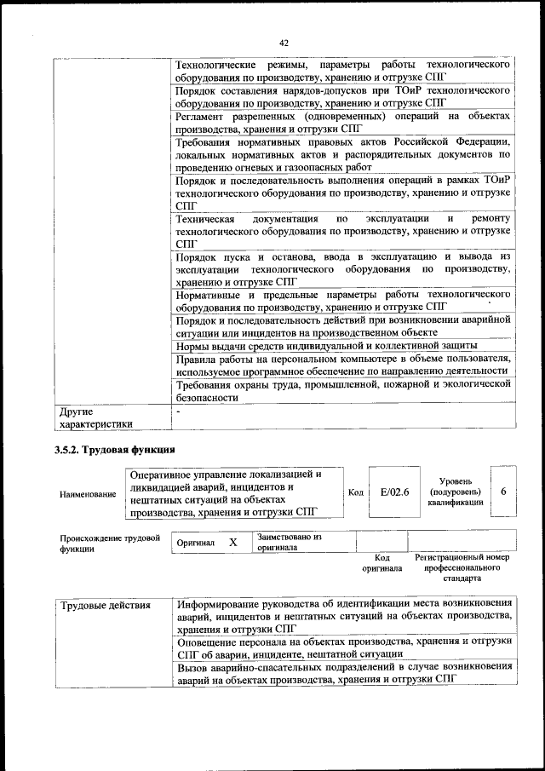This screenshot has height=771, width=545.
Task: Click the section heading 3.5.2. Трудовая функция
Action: tap(114, 449)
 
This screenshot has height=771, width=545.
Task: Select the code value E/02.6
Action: tap(394, 492)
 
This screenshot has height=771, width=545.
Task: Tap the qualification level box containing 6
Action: tap(503, 492)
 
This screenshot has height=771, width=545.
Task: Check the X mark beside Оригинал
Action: tap(232, 542)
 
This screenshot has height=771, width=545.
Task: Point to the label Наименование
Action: tap(88, 493)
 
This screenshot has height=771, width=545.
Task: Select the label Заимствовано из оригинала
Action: tap(289, 543)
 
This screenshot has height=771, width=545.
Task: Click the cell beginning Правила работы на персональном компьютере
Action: tap(342, 365)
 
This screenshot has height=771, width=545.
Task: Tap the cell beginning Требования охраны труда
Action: tap(342, 391)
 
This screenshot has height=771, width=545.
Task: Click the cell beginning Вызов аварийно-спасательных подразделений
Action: tap(342, 672)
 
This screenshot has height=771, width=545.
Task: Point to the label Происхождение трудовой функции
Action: tap(110, 543)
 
